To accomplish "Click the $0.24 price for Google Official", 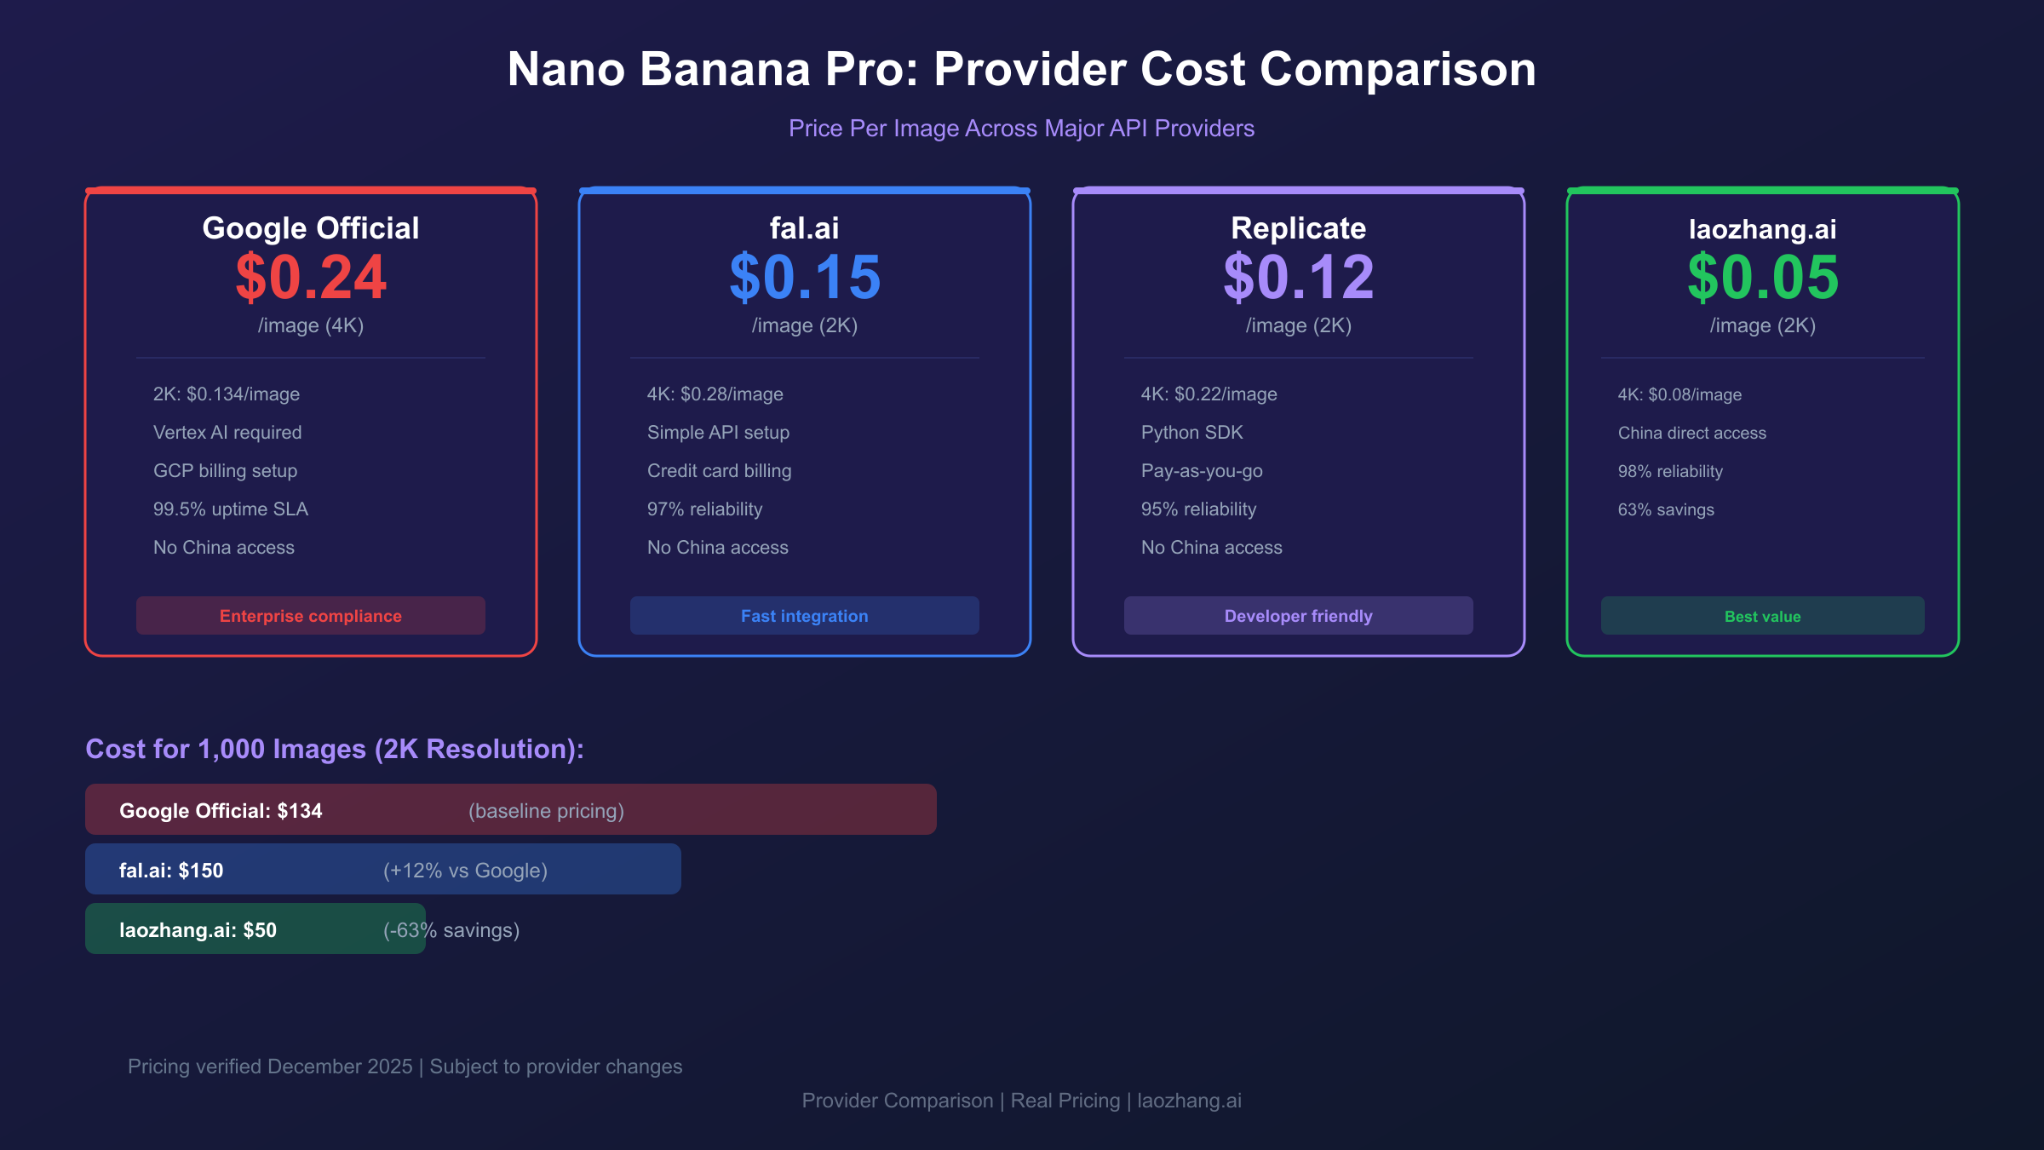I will [x=311, y=278].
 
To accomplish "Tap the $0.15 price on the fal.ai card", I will [x=805, y=278].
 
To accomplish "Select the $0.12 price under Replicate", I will [x=1299, y=278].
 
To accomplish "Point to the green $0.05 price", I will [x=1763, y=278].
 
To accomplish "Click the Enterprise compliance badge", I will [x=311, y=616].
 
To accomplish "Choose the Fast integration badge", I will [x=805, y=616].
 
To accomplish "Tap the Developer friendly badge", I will [x=1299, y=616].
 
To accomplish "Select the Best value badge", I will [x=1763, y=616].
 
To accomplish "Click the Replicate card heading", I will [x=1299, y=228].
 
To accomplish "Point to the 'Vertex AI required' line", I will [x=227, y=433].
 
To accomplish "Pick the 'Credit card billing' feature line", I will [x=720, y=471].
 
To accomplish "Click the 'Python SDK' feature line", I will [x=1192, y=433].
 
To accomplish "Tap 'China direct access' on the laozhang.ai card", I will [x=1692, y=434].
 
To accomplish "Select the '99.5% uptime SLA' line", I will [x=231, y=509].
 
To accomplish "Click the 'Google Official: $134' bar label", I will [x=221, y=811].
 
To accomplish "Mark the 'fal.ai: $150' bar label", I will [x=171, y=871].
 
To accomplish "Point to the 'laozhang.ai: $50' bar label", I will [x=198, y=930].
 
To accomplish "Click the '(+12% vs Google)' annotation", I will [x=465, y=871].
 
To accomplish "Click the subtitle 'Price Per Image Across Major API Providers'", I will [x=1021, y=129].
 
